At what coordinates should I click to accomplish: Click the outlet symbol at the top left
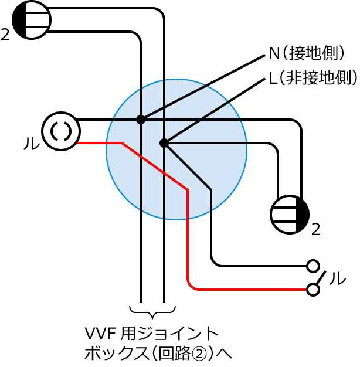[32, 20]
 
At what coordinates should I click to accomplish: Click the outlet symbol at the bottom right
[290, 215]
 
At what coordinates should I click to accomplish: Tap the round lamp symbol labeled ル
[61, 131]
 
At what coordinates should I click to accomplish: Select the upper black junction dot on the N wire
[141, 120]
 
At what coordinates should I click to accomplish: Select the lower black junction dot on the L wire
[164, 143]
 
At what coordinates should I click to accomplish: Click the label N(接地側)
[307, 53]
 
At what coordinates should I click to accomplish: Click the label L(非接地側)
[313, 78]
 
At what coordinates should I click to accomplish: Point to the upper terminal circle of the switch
[313, 266]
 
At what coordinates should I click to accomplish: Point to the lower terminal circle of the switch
[313, 290]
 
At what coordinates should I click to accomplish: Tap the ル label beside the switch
[337, 278]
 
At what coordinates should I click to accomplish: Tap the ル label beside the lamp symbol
[32, 143]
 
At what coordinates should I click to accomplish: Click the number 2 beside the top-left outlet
[5, 35]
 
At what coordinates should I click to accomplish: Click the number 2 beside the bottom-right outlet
[316, 229]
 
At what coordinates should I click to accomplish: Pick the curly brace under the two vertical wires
[152, 312]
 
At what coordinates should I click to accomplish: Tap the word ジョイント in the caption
[178, 334]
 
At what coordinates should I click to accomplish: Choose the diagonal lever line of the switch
[321, 278]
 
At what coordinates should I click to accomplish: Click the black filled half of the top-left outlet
[19, 20]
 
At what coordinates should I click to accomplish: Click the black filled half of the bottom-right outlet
[303, 215]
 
